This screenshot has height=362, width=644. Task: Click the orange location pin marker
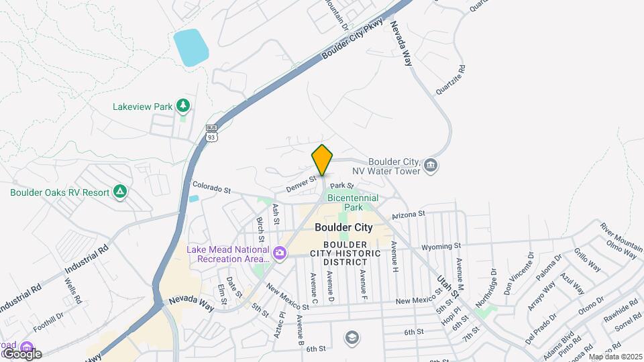(322, 160)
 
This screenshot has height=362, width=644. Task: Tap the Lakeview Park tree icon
(182, 105)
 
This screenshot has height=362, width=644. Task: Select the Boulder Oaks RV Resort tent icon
(120, 192)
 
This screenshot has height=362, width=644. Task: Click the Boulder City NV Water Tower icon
(431, 165)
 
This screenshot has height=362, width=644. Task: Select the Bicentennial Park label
(352, 202)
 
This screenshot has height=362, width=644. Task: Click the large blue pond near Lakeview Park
(191, 47)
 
